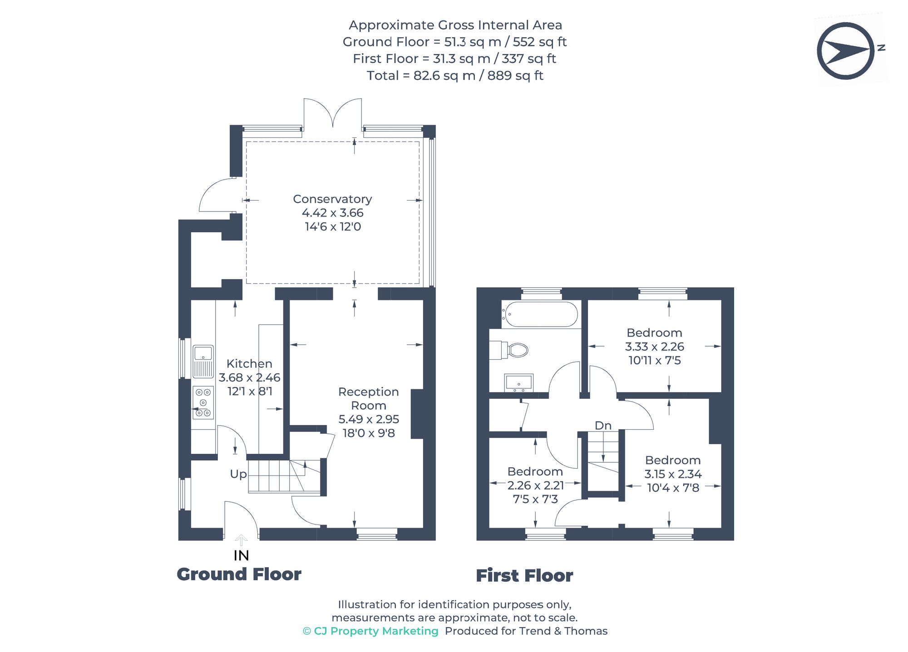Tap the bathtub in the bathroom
tap(540, 314)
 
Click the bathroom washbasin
tap(518, 382)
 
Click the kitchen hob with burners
tap(203, 402)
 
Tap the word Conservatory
tap(332, 199)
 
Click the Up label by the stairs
tap(238, 474)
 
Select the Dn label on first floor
tap(603, 426)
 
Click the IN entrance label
tap(241, 555)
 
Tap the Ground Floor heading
tap(239, 574)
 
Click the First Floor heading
tap(524, 576)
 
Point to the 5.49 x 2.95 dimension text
tap(369, 419)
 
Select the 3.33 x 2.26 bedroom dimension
tap(654, 347)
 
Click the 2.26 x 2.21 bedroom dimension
tap(535, 485)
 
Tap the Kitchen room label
tap(249, 364)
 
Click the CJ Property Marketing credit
tap(370, 631)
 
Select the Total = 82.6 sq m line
tap(455, 75)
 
